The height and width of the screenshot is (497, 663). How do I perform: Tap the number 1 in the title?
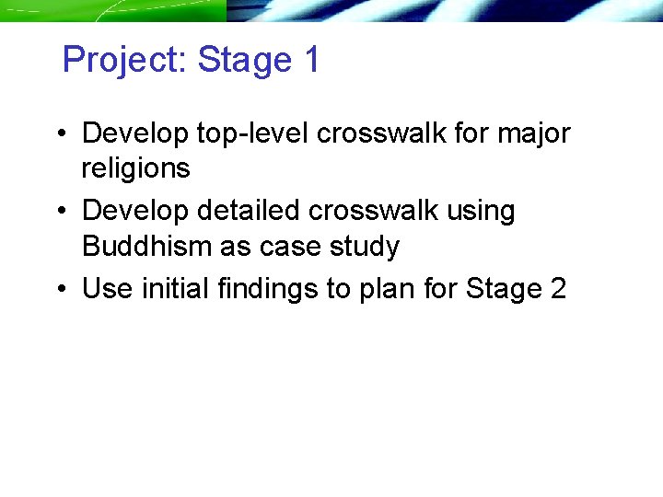tap(310, 61)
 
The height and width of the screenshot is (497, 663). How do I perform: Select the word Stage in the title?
tap(244, 61)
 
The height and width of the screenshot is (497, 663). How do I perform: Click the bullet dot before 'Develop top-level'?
tap(60, 134)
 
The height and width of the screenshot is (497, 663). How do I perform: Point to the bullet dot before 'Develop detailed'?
tap(60, 212)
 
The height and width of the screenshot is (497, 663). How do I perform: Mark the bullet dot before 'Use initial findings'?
tap(60, 290)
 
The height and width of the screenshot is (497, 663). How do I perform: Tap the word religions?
tap(135, 169)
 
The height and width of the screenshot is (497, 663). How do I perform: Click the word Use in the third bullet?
tap(107, 289)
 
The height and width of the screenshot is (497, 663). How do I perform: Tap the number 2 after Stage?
tap(557, 289)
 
